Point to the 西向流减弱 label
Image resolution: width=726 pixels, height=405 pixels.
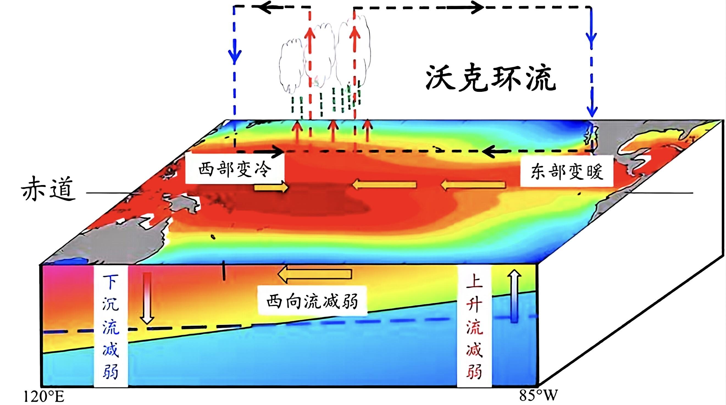312,301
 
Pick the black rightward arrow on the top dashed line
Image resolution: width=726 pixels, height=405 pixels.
465,8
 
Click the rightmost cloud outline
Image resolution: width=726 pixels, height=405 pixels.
354,51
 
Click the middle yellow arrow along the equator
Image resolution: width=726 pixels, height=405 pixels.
384,185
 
